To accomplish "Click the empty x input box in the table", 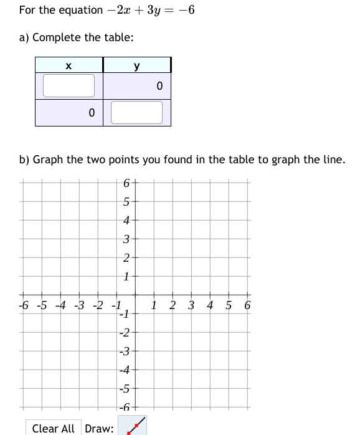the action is [69, 86].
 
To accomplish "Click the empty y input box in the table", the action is [136, 113].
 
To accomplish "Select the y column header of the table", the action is [136, 65].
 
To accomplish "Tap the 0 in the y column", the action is [159, 86].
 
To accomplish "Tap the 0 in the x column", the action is [91, 113].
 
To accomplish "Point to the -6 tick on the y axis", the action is [125, 407].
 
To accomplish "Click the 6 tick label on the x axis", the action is [247, 305].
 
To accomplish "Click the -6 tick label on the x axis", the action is [23, 305].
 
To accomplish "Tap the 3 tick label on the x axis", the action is [191, 305].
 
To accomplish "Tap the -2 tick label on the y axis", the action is [125, 332].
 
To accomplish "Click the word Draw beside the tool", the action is [99, 428].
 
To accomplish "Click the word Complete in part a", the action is [55, 37].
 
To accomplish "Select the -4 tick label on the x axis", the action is [60, 305].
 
